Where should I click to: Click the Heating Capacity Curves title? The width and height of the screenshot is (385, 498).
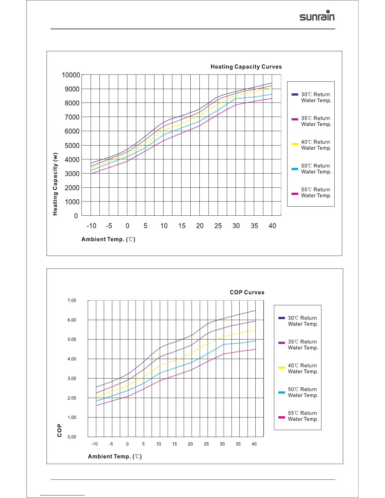pyautogui.click(x=246, y=67)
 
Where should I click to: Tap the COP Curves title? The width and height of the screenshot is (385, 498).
pyautogui.click(x=247, y=292)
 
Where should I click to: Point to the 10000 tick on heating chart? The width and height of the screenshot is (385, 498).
pyautogui.click(x=71, y=75)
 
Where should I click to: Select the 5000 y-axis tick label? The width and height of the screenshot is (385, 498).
pyautogui.click(x=72, y=146)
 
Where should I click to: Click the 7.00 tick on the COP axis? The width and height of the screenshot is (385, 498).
pyautogui.click(x=72, y=301)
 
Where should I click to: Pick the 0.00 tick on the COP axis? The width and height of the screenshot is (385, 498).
pyautogui.click(x=72, y=437)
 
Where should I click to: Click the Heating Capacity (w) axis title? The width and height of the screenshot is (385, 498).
pyautogui.click(x=55, y=184)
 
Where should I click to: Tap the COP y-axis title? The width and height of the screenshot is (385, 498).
pyautogui.click(x=59, y=431)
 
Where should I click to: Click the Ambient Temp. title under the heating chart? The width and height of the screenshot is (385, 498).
pyautogui.click(x=108, y=240)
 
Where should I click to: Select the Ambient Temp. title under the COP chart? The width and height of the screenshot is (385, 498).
pyautogui.click(x=115, y=456)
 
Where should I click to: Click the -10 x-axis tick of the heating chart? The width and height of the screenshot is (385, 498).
pyautogui.click(x=91, y=226)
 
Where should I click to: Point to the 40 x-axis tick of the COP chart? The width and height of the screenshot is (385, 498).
pyautogui.click(x=254, y=444)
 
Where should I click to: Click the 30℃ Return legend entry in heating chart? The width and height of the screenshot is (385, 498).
pyautogui.click(x=316, y=97)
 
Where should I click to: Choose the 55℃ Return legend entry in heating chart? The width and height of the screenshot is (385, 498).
pyautogui.click(x=316, y=192)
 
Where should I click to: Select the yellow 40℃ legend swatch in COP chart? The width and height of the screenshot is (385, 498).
pyautogui.click(x=282, y=368)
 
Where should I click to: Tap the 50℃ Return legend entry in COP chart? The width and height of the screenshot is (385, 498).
pyautogui.click(x=303, y=392)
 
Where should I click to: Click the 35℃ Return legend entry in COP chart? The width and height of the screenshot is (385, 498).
pyautogui.click(x=303, y=345)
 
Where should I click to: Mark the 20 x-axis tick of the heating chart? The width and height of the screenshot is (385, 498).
pyautogui.click(x=200, y=226)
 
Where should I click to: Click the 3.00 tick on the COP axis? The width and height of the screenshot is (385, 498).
pyautogui.click(x=72, y=379)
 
